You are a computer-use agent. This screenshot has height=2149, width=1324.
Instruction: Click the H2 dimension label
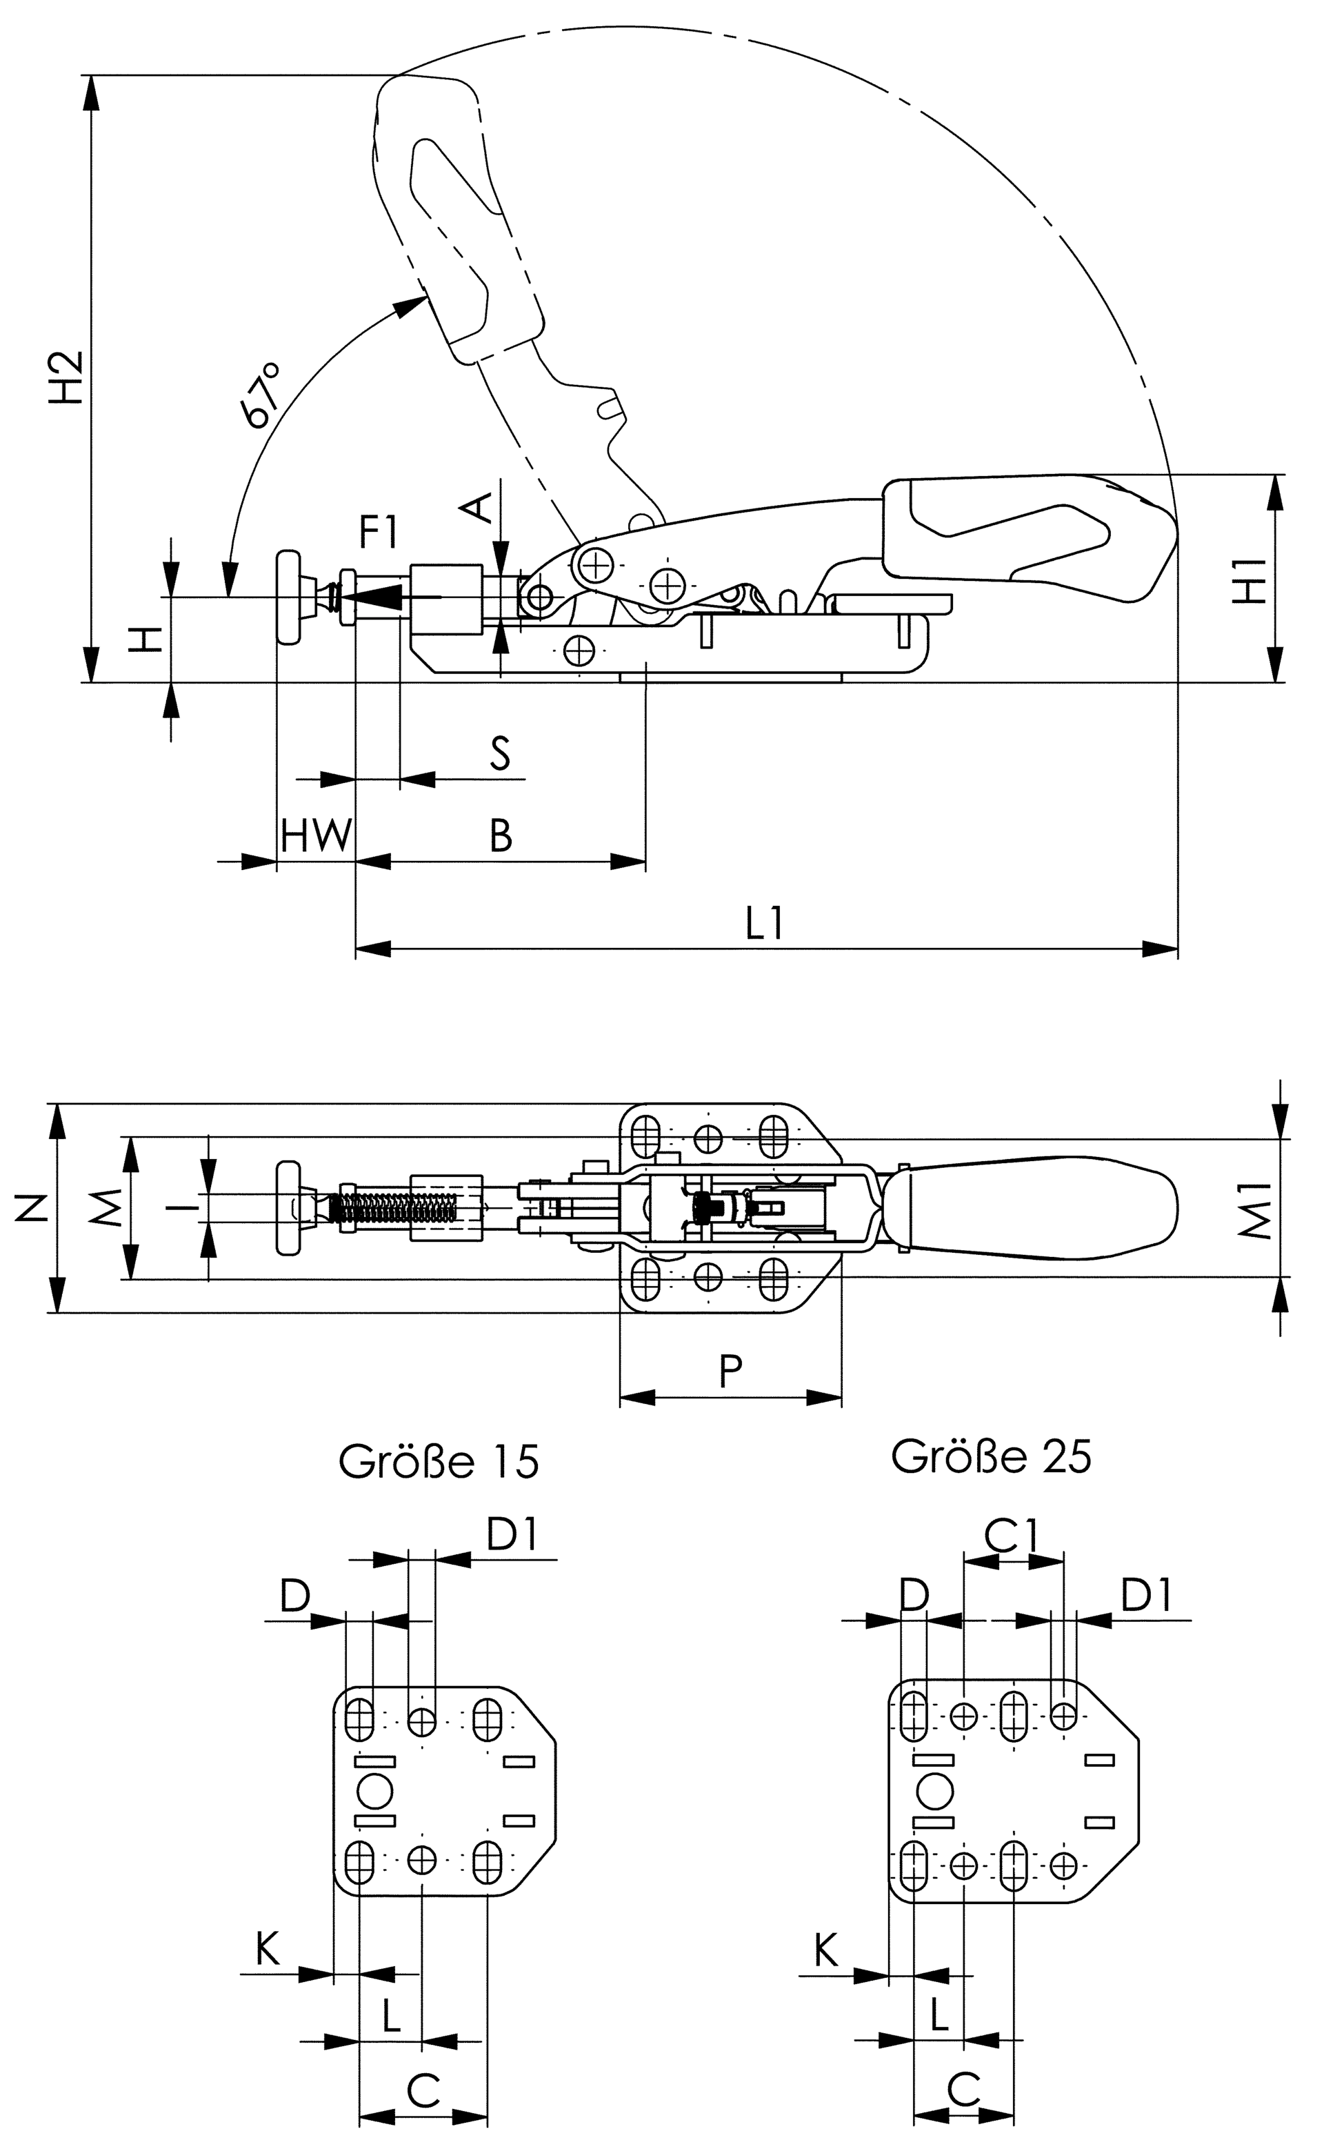[x=67, y=377]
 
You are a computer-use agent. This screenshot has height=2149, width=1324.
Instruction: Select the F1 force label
[x=379, y=532]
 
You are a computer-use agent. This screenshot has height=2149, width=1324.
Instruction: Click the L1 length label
[x=765, y=924]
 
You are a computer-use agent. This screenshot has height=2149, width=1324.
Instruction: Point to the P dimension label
[x=730, y=1372]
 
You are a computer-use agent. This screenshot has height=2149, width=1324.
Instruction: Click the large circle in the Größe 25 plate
[x=934, y=1791]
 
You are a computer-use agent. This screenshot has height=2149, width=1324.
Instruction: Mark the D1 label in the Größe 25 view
[x=1147, y=1596]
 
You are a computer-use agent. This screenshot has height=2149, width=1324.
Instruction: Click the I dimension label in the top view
[x=181, y=1208]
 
